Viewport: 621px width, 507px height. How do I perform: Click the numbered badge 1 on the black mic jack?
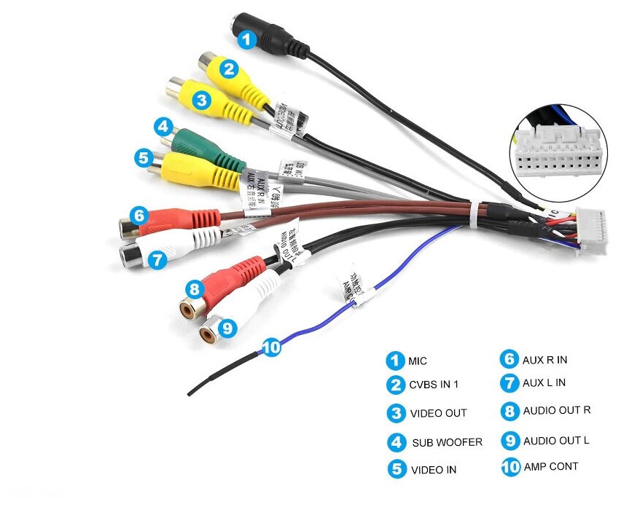point(249,39)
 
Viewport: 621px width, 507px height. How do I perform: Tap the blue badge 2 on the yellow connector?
point(229,69)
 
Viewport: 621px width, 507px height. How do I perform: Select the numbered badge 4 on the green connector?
point(164,127)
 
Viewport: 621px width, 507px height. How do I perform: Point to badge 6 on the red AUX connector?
point(139,216)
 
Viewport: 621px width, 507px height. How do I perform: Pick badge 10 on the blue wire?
point(270,347)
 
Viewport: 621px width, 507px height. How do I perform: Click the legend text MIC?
point(418,361)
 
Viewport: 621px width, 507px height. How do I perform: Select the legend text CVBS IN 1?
point(434,385)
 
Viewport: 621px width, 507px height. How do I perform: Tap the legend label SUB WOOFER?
point(447,442)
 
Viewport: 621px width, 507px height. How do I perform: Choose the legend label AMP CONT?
point(550,467)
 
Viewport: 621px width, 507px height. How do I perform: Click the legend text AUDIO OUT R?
point(556,410)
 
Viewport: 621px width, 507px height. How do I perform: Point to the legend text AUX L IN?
point(544,382)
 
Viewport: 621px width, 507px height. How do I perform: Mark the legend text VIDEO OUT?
point(438,413)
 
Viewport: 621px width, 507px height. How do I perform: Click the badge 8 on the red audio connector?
point(194,289)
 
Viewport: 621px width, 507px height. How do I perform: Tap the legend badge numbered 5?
point(397,469)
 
